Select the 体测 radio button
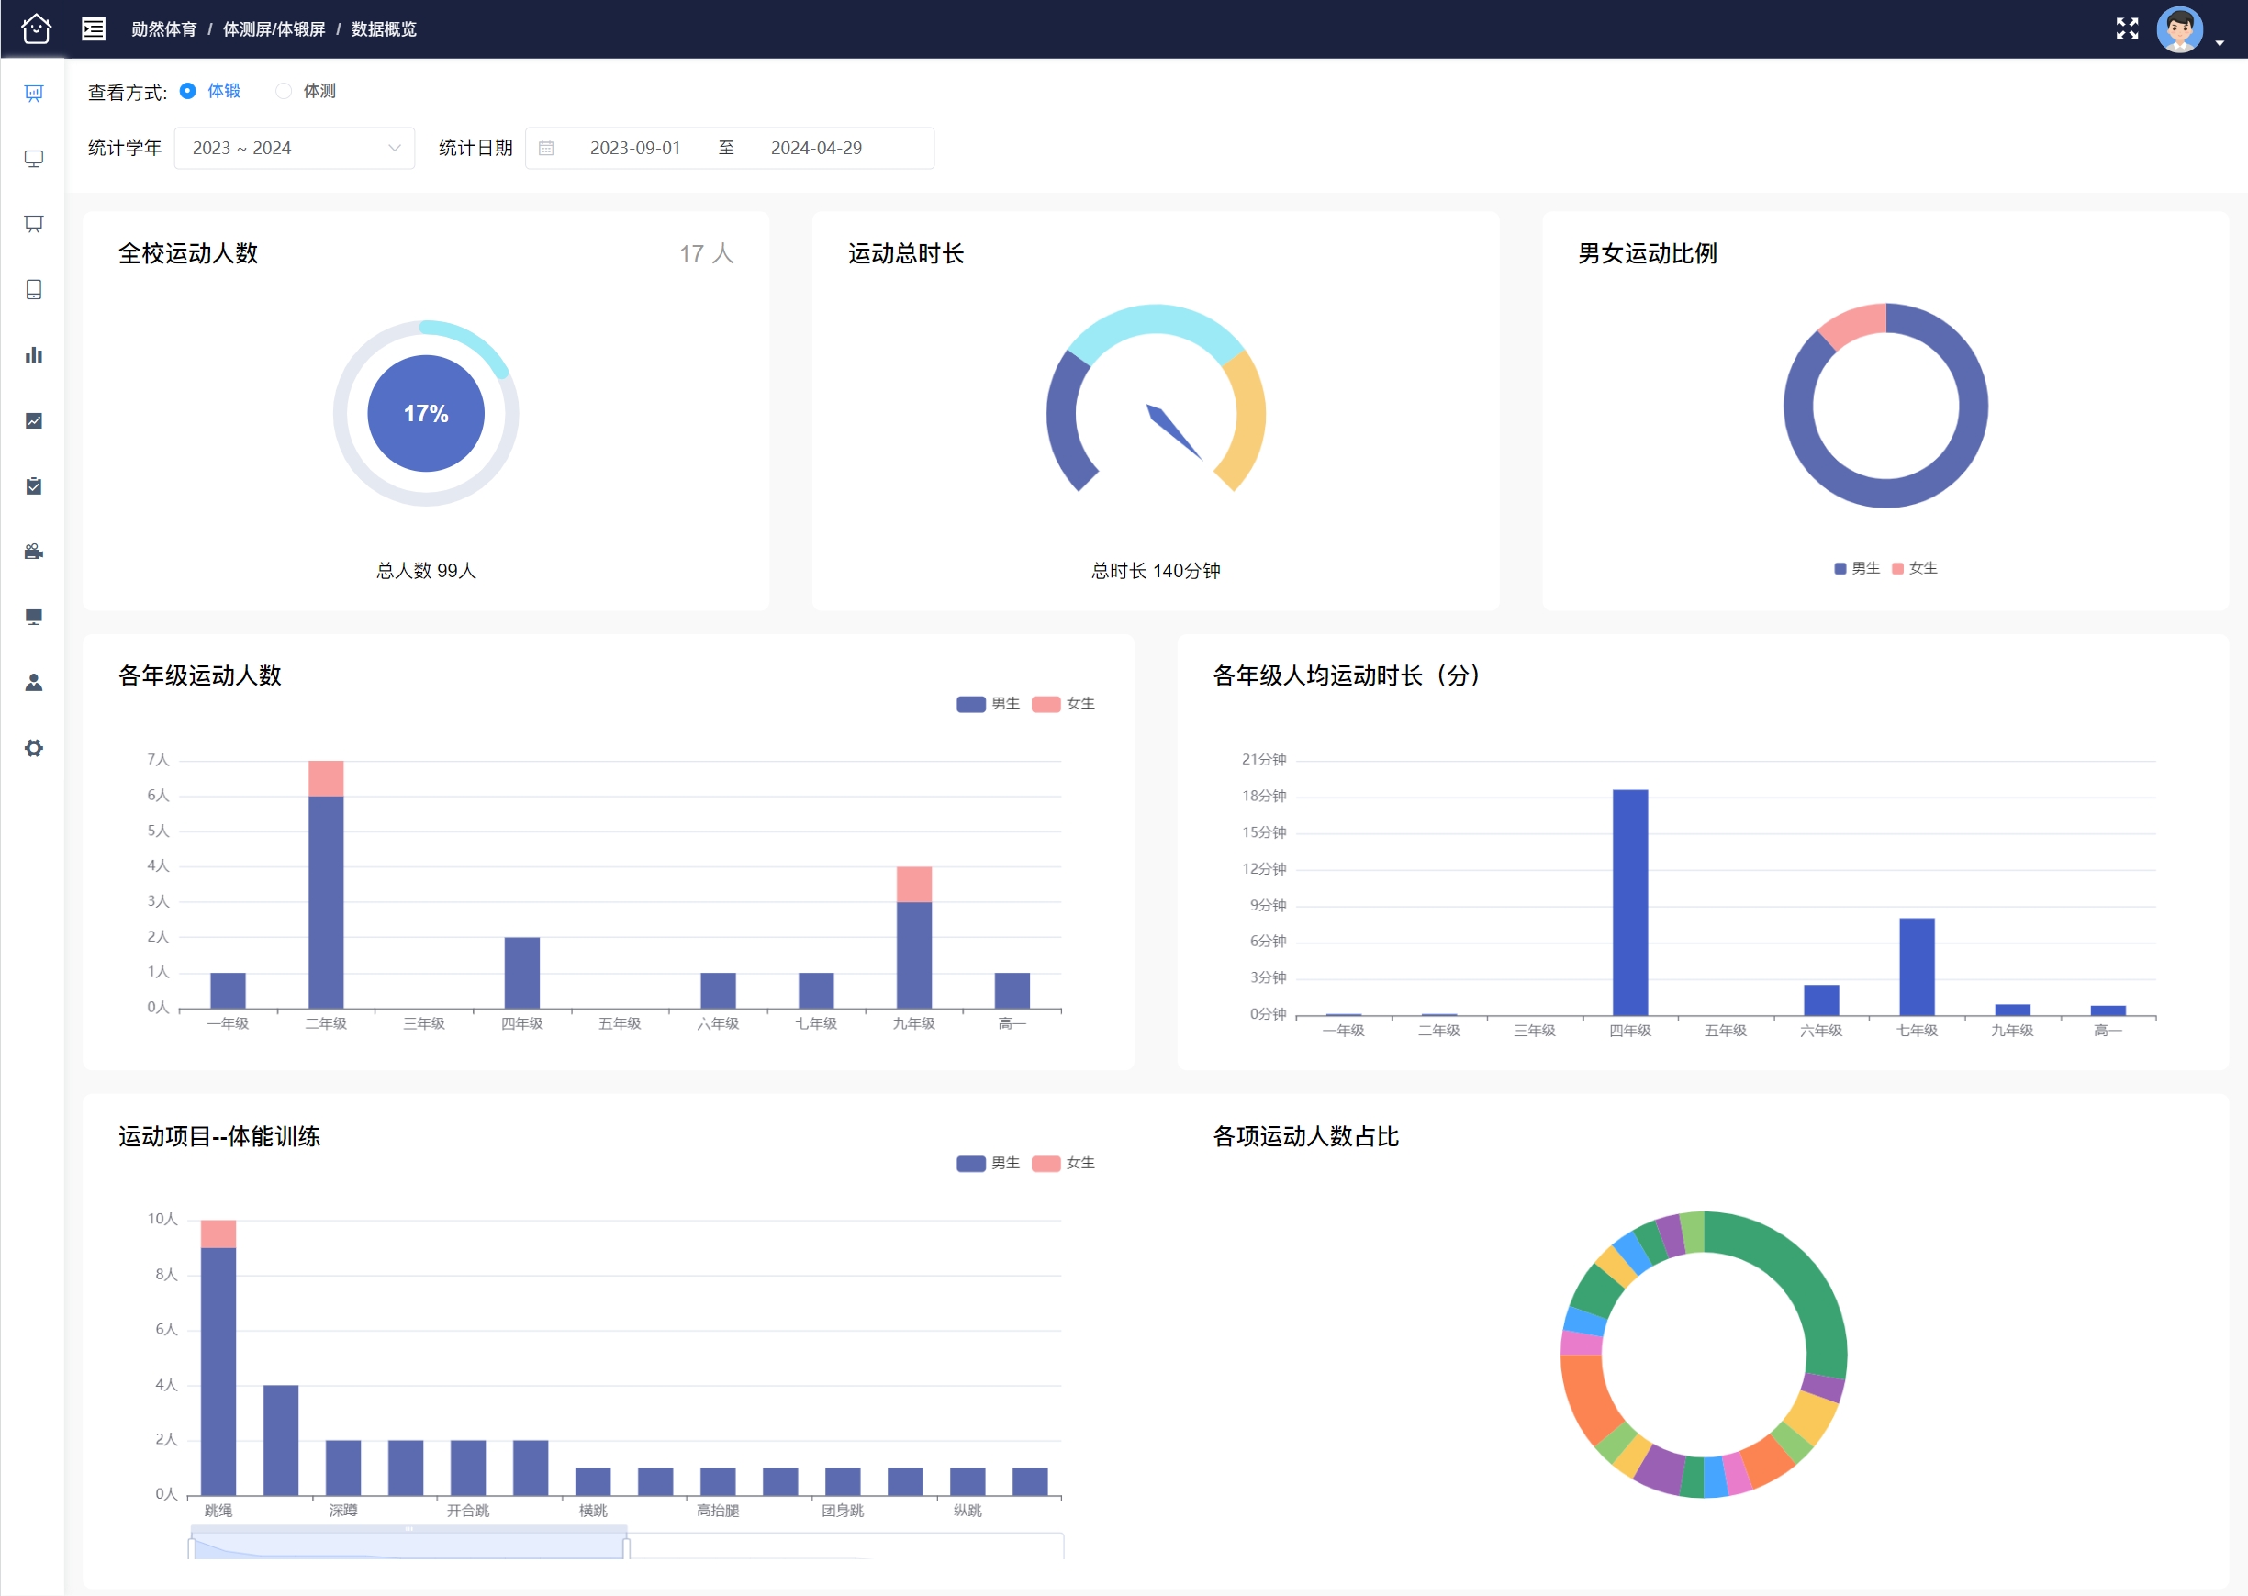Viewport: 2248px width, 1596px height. pos(284,92)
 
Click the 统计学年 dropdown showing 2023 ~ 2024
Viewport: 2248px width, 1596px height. pos(294,149)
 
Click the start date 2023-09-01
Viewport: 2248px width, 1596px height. pos(635,149)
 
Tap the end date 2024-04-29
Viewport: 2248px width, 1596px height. pos(816,149)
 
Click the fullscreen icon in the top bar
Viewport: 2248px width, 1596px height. pos(2127,29)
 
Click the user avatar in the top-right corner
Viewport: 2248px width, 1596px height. pos(2179,29)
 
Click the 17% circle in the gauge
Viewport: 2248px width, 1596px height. pos(426,414)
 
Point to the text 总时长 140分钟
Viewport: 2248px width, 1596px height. pos(1156,571)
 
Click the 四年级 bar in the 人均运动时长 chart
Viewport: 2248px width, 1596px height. pos(1629,902)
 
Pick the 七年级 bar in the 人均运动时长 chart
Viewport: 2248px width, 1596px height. pos(1917,966)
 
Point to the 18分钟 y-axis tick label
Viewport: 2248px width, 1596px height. pos(1264,796)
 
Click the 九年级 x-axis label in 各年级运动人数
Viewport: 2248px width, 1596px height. pos(914,1024)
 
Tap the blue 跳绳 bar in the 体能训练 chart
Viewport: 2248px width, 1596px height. pos(218,1371)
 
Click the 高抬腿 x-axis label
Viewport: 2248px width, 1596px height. pos(718,1511)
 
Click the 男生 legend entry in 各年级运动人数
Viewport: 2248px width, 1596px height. pos(988,704)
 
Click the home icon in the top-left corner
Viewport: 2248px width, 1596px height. pos(37,29)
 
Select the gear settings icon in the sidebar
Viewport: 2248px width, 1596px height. pos(34,748)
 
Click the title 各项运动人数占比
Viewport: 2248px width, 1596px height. pos(1305,1137)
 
